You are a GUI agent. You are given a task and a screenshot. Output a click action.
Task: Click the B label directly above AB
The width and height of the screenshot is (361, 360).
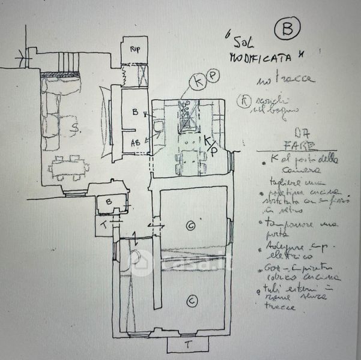tap(136, 112)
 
